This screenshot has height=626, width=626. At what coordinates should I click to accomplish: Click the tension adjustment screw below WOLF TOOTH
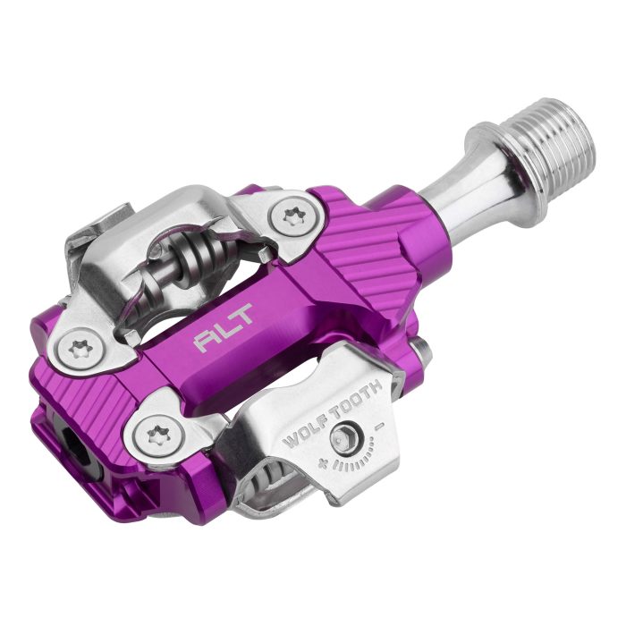(x=343, y=438)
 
